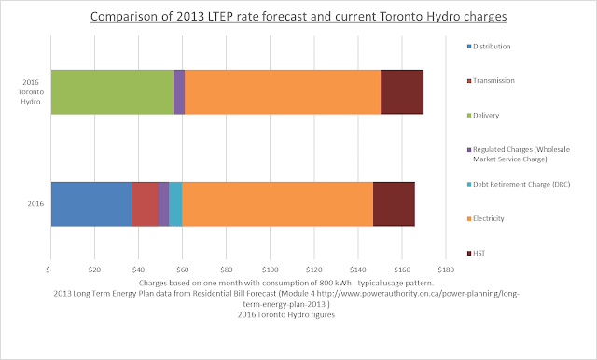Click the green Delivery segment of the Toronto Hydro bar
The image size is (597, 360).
coord(112,92)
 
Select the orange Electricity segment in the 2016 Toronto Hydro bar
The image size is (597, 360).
coord(283,92)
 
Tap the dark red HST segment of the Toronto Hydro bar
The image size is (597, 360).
coord(402,92)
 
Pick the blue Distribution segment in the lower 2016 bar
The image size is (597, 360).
coord(91,204)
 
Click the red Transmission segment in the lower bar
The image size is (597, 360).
coord(146,204)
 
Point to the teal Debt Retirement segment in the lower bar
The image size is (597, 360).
coord(175,204)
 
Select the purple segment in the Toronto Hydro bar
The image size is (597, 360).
coord(179,92)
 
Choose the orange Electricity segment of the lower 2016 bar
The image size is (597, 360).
coord(278,204)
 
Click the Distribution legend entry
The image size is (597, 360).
coord(489,47)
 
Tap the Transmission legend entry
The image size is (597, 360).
coord(491,81)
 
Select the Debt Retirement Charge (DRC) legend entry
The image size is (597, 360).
coord(519,184)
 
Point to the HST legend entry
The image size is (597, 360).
coord(477,253)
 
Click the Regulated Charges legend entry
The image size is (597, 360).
coord(519,154)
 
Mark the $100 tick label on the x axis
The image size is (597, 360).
coord(270,270)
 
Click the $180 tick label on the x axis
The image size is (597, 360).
coord(446,270)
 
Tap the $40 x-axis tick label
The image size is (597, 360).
coord(138,270)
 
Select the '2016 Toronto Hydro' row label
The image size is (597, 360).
coord(31,91)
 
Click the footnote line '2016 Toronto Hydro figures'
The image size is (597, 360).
coord(286,314)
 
